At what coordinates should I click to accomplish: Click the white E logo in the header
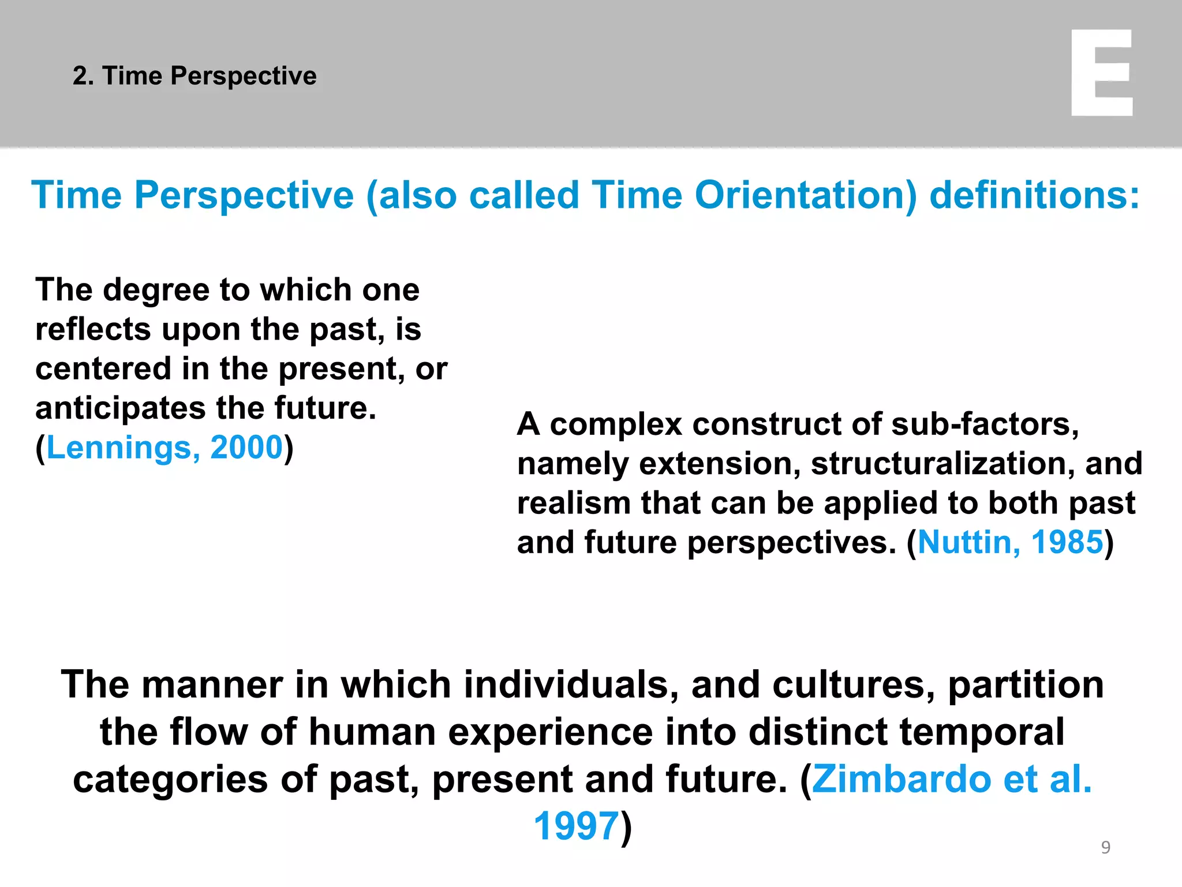click(1101, 73)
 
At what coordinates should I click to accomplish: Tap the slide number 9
click(1105, 847)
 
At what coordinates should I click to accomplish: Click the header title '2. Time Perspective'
click(194, 76)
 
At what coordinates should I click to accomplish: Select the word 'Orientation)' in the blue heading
click(806, 195)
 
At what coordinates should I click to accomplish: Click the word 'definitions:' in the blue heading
click(1035, 195)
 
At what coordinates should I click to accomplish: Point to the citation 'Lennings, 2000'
click(164, 448)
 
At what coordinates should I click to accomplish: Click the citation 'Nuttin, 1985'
click(1010, 542)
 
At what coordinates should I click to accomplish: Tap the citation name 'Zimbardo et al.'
click(952, 779)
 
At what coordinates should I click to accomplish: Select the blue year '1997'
click(576, 826)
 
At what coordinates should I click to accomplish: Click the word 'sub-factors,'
click(985, 424)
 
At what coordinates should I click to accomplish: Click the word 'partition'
click(1026, 685)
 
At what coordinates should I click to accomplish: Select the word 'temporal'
click(981, 732)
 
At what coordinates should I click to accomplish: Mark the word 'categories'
click(170, 780)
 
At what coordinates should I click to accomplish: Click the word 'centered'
click(103, 369)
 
